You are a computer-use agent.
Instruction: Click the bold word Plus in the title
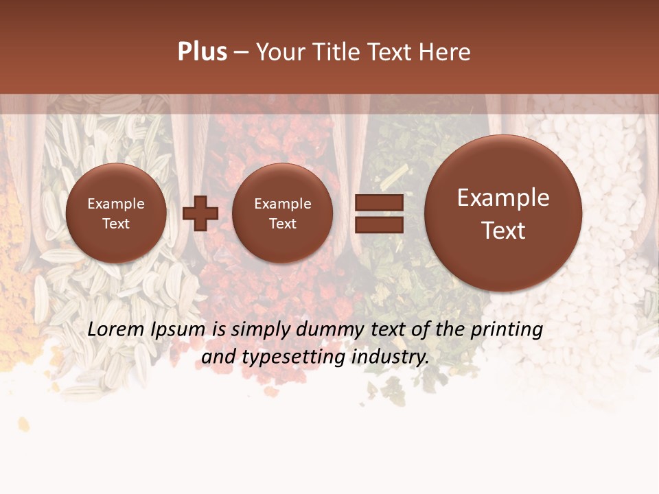point(202,52)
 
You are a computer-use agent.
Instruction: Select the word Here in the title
point(446,52)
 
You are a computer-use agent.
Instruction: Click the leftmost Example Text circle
point(116,213)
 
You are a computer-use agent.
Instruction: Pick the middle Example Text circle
point(283,213)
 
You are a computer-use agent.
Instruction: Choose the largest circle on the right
point(503,213)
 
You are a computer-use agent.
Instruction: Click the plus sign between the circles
point(200,213)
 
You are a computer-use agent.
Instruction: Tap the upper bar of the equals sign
point(378,202)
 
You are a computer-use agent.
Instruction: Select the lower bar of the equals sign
point(378,224)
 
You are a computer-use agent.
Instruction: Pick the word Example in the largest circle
point(503,198)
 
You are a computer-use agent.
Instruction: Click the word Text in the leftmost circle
point(116,224)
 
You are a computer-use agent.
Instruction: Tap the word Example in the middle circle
point(283,204)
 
